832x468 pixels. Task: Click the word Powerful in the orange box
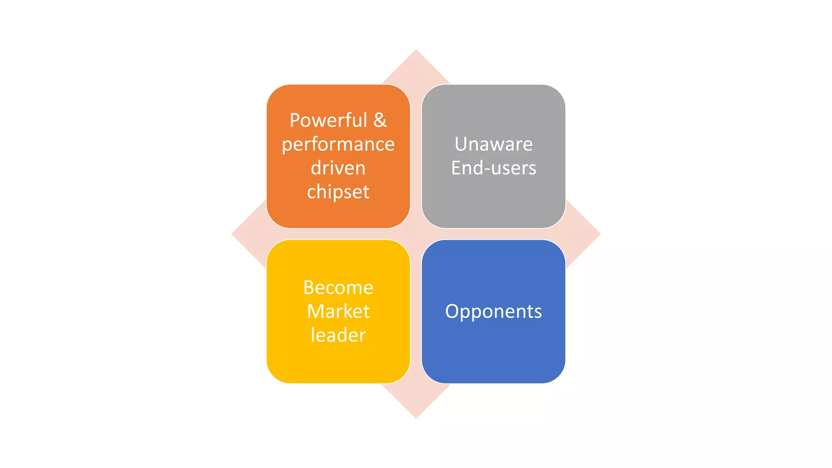[328, 120]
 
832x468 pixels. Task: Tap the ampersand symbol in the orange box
[380, 120]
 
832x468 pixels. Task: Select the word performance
[338, 144]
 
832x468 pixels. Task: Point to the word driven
[338, 168]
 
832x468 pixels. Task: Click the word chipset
[338, 192]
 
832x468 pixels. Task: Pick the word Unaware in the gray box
[494, 144]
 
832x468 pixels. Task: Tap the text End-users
[494, 168]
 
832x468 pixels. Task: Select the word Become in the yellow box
[338, 288]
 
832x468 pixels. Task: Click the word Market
[338, 312]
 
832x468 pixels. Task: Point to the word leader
[338, 336]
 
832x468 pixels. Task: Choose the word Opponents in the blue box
[494, 312]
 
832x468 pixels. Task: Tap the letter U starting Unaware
[461, 144]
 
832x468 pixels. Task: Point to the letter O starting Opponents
[452, 312]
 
